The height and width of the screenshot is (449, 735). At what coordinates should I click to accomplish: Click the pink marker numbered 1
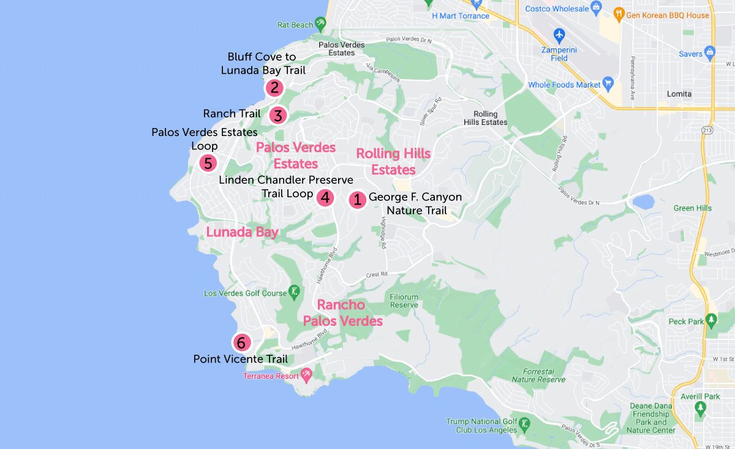tap(356, 200)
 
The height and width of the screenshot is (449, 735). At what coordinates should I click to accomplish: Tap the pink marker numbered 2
tap(274, 88)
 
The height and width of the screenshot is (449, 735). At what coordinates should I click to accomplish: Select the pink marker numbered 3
tap(277, 115)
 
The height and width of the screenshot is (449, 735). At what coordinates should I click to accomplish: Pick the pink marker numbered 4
tap(325, 197)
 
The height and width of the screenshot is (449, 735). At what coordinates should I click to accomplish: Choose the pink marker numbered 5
tap(208, 164)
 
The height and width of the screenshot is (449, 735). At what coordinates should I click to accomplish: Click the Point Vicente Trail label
tap(240, 359)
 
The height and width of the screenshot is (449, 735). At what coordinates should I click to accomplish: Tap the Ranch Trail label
tap(232, 113)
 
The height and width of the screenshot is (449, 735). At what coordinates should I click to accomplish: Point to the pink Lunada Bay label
tap(242, 232)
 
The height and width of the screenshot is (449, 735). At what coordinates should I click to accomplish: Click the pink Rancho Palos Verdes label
tap(342, 313)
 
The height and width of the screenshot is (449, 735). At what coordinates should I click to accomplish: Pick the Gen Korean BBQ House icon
tap(619, 15)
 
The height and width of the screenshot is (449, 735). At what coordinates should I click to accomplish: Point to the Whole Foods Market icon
tap(608, 83)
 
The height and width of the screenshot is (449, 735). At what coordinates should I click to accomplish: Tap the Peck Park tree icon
tap(711, 320)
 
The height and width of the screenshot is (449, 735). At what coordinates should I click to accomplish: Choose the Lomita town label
tap(679, 94)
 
